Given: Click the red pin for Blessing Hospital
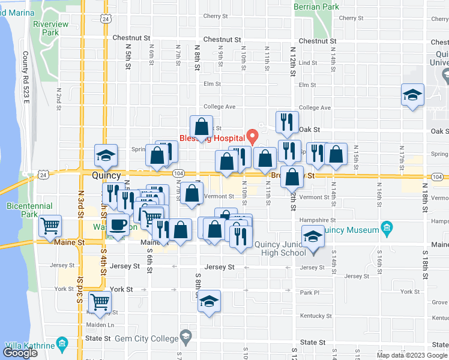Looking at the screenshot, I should (253, 137).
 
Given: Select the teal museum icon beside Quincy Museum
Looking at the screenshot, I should (386, 229).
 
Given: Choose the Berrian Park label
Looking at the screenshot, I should (316, 7).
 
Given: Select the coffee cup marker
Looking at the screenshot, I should (118, 226).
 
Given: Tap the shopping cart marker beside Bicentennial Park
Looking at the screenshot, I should (50, 226).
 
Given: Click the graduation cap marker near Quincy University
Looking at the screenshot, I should (412, 96).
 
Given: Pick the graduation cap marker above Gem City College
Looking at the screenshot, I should (209, 301).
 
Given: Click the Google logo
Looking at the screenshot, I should (20, 353).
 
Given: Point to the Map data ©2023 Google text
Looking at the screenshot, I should (411, 355).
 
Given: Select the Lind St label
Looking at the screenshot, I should (307, 62).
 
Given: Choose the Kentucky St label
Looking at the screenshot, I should (316, 316).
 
